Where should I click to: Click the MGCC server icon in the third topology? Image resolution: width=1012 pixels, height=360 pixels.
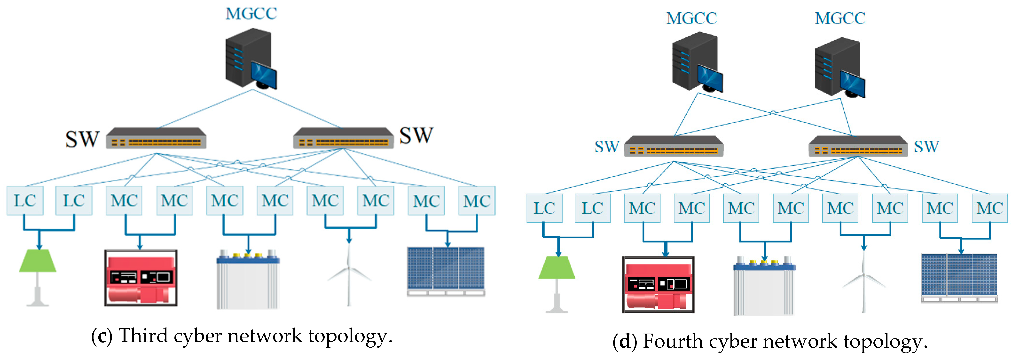[x=251, y=59]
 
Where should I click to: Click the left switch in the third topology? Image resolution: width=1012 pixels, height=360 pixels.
[x=156, y=138]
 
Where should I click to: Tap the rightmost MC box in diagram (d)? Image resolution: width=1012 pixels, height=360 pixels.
[x=989, y=208]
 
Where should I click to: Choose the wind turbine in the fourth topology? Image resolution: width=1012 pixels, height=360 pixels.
[x=863, y=281]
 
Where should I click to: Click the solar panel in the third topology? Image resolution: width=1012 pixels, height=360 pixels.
[x=446, y=271]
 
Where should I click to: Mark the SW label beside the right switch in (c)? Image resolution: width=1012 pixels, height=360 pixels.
[x=416, y=136]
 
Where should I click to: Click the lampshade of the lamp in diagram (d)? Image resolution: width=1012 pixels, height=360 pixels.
[x=557, y=268]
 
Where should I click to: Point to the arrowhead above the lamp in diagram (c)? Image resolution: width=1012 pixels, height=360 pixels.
[x=39, y=246]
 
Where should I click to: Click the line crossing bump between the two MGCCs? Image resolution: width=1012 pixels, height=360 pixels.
[x=773, y=112]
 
